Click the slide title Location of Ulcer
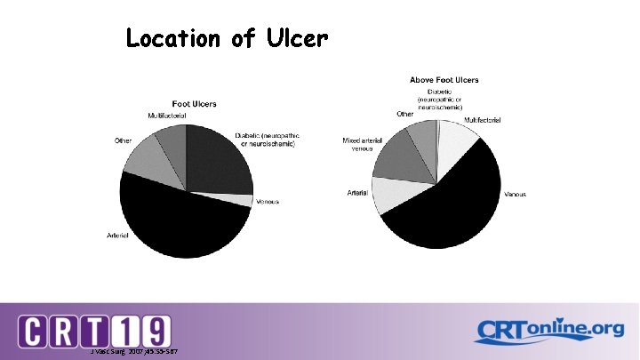click(x=228, y=39)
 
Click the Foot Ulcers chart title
click(x=188, y=105)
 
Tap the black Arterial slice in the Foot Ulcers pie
click(x=178, y=222)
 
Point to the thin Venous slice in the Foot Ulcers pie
click(x=242, y=200)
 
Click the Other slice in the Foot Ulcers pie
click(x=140, y=156)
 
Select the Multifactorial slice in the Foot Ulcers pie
click(x=171, y=138)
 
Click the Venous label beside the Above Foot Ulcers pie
click(x=515, y=194)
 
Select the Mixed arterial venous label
click(x=362, y=144)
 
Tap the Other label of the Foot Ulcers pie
click(x=123, y=140)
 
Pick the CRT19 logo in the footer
click(x=95, y=331)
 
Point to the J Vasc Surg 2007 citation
click(x=133, y=351)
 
